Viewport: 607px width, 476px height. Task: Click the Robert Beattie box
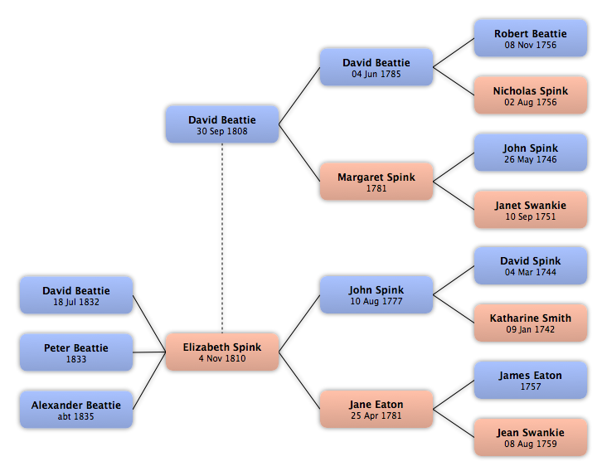[531, 38]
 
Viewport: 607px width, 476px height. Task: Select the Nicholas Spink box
[531, 95]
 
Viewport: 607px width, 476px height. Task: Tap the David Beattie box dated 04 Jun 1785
[376, 67]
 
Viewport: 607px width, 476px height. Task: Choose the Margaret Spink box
[376, 182]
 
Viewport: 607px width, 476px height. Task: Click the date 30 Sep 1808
[221, 131]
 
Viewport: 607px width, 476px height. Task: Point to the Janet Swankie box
[531, 209]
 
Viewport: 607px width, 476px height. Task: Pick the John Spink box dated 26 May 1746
[531, 153]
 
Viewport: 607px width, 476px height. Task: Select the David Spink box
[531, 266]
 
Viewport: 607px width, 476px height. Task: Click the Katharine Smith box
[531, 323]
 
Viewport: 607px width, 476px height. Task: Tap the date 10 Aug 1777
[376, 301]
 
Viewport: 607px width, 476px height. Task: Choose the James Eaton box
[531, 380]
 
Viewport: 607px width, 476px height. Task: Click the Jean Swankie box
[531, 437]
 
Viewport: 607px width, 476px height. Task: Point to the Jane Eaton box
[376, 409]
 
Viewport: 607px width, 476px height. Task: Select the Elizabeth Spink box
[221, 352]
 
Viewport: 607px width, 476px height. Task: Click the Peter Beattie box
[76, 352]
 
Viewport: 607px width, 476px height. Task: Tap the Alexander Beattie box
[76, 410]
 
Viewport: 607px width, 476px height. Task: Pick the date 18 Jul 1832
[76, 302]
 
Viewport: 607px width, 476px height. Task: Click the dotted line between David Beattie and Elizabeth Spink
[222, 238]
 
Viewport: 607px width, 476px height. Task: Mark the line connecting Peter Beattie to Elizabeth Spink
[149, 352]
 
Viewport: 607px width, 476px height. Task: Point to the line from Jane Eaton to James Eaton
[454, 395]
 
